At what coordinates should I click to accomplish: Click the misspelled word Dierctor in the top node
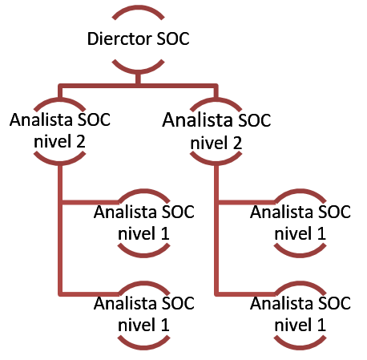tap(119, 38)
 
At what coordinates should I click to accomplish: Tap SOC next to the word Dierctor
tap(173, 38)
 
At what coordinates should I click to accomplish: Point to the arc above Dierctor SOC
tap(138, 8)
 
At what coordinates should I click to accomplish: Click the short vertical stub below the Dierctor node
tap(138, 79)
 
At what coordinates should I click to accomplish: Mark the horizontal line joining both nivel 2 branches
tap(138, 86)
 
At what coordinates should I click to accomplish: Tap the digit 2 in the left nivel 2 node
tap(81, 141)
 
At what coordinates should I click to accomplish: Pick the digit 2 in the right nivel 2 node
tap(237, 143)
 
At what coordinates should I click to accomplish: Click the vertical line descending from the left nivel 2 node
tap(60, 230)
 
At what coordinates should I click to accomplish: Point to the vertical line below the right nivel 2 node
tap(216, 230)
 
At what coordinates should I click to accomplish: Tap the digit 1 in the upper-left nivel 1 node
tap(165, 233)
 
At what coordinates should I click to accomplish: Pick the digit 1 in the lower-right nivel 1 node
tap(321, 325)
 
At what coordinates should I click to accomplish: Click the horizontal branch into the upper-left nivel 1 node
tap(90, 202)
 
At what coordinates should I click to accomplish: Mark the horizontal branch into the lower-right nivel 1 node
tap(246, 294)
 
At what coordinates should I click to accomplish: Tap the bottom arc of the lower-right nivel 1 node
tap(300, 346)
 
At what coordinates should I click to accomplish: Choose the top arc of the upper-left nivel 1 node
tap(143, 192)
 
